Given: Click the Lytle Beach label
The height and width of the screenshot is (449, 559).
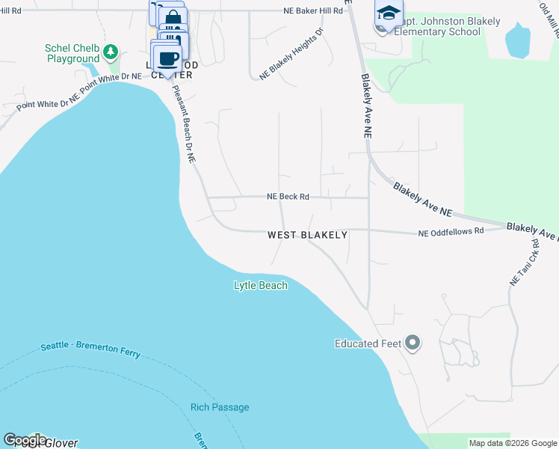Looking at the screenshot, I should click(260, 285).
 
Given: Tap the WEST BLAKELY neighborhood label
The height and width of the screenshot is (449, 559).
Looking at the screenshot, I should click(308, 235).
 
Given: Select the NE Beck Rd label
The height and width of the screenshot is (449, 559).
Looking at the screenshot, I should click(288, 197).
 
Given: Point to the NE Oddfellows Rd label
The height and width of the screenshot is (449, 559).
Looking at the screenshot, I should click(451, 232).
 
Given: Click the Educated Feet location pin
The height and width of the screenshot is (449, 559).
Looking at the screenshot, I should click(412, 343).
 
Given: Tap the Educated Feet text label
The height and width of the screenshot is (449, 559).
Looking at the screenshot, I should click(368, 344).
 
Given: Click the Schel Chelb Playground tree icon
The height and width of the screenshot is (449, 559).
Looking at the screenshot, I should click(111, 52).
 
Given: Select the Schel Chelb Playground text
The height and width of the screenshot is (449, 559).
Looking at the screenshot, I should click(72, 53).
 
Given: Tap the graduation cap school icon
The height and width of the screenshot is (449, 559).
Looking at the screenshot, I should click(389, 13).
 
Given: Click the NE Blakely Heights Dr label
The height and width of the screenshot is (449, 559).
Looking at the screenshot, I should click(291, 54).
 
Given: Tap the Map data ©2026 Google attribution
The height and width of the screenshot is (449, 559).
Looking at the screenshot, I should click(513, 443).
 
